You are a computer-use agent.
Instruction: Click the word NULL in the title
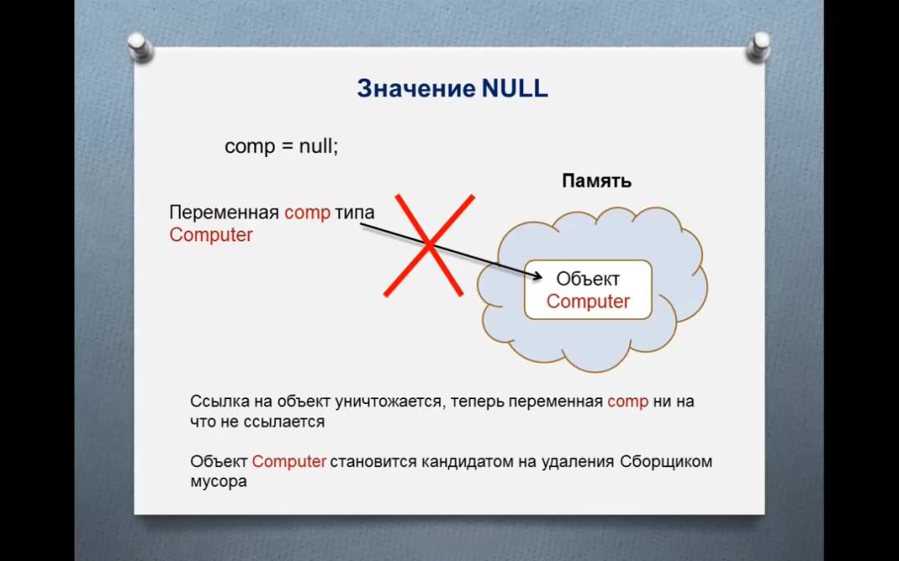pos(515,88)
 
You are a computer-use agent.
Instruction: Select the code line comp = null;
pos(281,146)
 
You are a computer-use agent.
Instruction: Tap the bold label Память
pos(597,181)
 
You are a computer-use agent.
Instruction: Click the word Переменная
pos(224,213)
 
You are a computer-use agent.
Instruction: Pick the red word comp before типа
pos(307,213)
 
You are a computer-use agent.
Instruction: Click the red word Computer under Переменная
pos(211,236)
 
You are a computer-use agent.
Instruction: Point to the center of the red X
pos(428,245)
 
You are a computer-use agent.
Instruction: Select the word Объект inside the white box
pos(588,279)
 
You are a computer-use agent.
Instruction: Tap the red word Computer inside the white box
pos(588,301)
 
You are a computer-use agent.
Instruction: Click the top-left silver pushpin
pos(139,47)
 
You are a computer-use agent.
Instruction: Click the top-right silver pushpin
pos(758,47)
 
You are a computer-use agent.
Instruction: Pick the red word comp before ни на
pos(628,402)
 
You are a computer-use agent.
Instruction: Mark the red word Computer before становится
pos(289,461)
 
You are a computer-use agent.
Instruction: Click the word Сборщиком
pos(665,462)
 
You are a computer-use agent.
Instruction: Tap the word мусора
pos(218,482)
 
